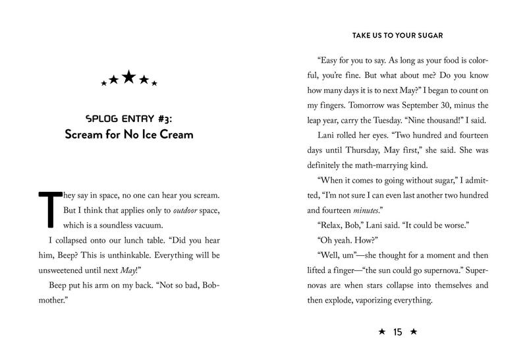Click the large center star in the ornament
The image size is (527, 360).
point(129,78)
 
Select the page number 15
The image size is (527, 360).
point(397,332)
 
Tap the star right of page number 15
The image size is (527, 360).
point(413,332)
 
